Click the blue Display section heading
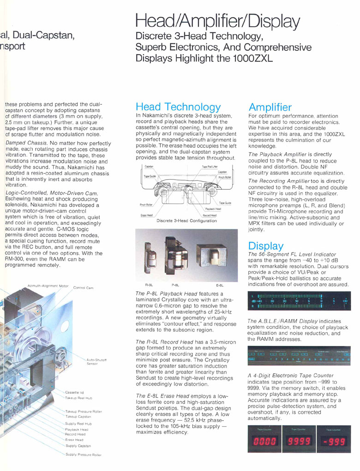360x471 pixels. click(266, 246)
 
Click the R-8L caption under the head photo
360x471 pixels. click(149, 285)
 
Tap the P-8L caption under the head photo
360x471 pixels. click(175, 285)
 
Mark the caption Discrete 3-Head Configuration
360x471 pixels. click(186, 221)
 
